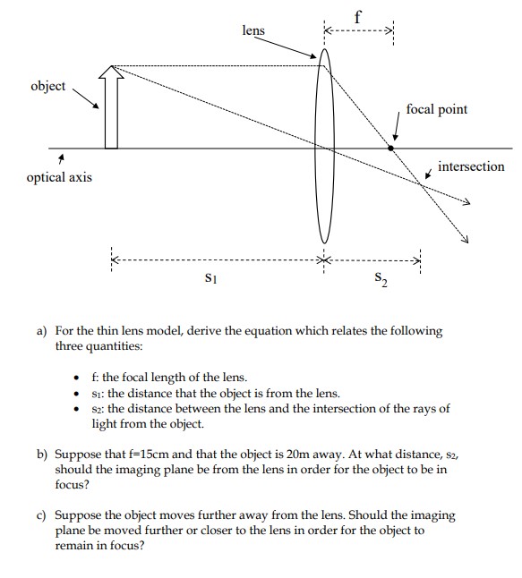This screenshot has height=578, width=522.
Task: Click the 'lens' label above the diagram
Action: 253,30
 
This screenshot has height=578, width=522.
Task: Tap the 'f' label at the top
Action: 358,13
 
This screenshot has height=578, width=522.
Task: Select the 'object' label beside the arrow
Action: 49,86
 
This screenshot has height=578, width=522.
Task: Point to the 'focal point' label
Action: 436,109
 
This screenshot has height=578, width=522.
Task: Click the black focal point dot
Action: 390,148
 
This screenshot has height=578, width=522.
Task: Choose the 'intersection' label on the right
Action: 471,166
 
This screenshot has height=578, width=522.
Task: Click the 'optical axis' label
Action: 59,177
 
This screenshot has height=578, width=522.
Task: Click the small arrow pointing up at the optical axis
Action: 61,159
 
